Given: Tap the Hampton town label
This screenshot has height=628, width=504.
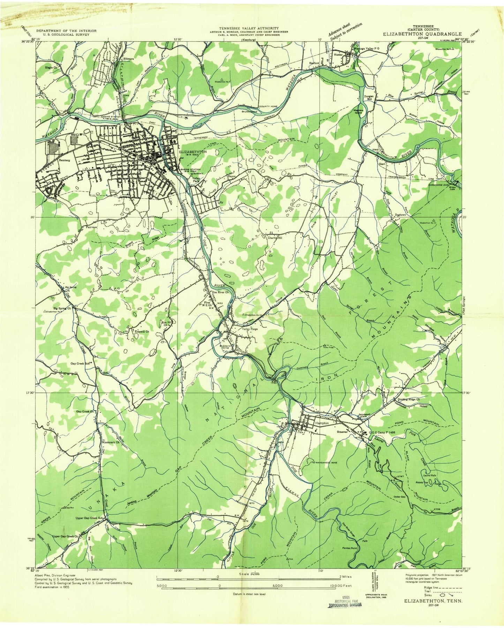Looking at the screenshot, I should point(322,423).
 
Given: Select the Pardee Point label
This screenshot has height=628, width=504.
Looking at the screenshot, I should point(349,548).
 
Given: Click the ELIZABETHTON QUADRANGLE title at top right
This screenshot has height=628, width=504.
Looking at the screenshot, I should point(422,34).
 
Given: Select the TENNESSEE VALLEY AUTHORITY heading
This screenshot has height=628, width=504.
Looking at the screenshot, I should point(248,28).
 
